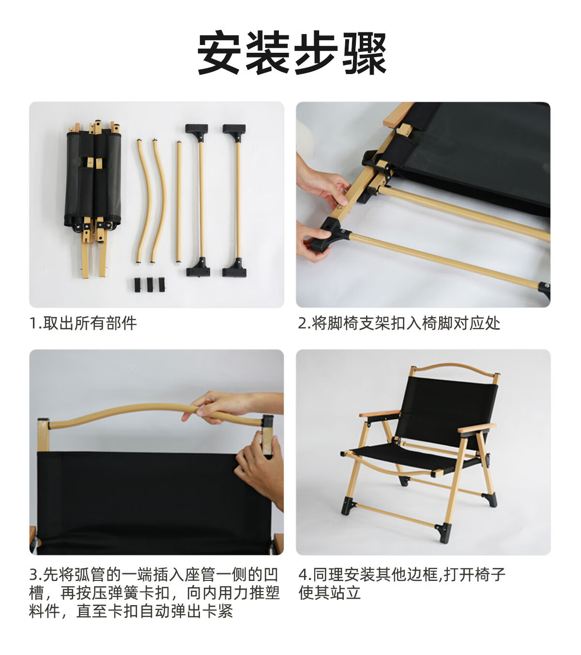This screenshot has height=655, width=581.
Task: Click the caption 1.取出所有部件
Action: coord(83,323)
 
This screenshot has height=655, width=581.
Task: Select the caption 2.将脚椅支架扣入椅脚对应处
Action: coord(399,323)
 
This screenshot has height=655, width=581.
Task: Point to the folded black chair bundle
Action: coord(93,181)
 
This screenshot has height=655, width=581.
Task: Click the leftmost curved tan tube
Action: coord(144,201)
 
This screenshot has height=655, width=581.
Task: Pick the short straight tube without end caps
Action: coord(179,201)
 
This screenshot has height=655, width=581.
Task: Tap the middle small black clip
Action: coord(150,285)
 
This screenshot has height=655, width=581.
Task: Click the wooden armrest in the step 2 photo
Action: coord(398,114)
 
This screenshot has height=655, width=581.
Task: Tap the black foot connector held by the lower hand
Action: coord(328,235)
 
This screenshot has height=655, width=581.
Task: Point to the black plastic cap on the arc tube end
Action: coord(267,421)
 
